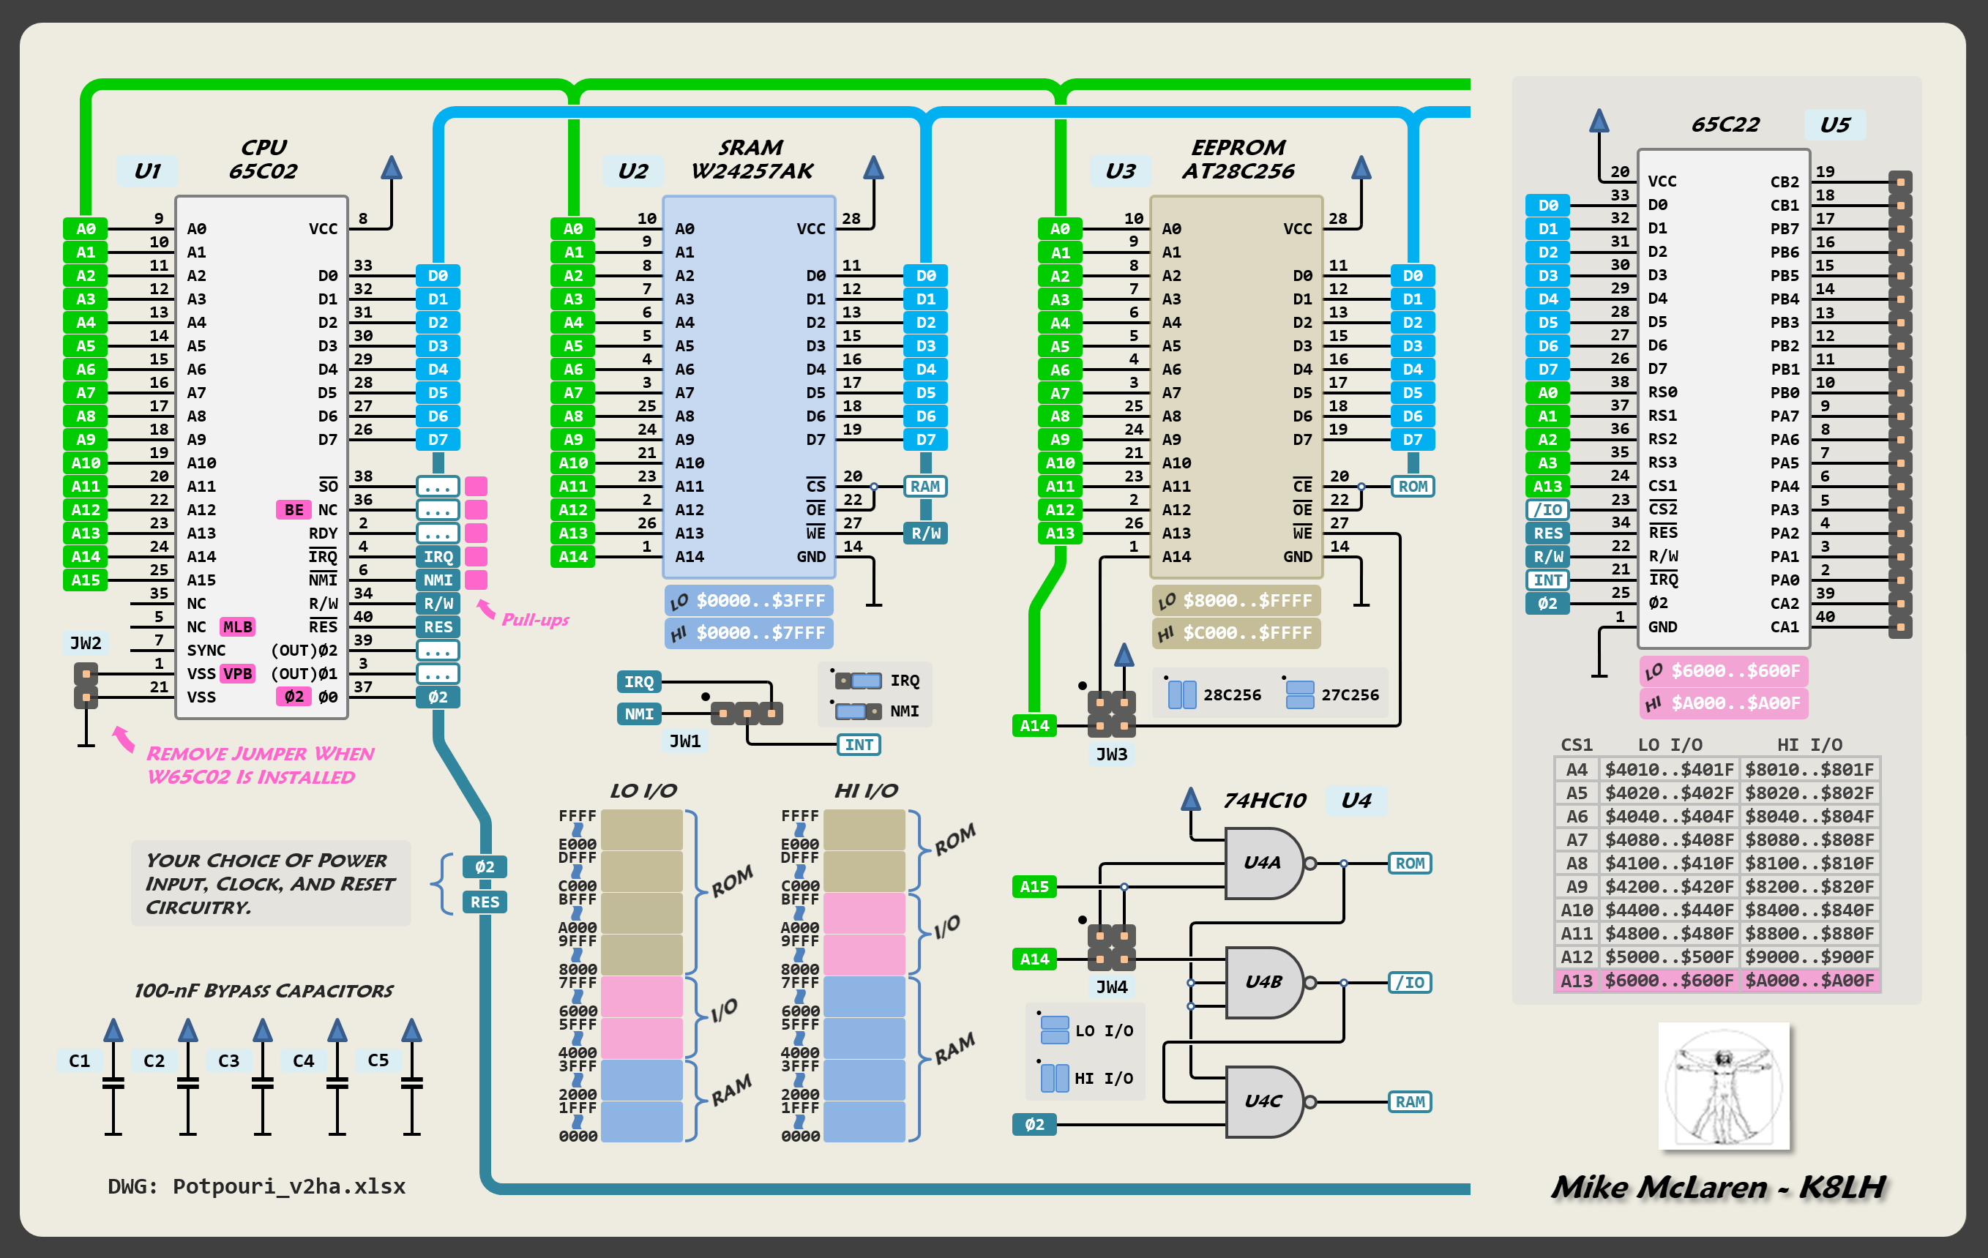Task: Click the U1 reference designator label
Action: click(147, 171)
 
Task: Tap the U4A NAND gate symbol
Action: click(1263, 864)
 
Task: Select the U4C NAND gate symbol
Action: click(1263, 1101)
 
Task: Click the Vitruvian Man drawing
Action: click(1724, 1086)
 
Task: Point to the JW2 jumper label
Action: click(86, 643)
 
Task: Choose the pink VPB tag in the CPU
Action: click(238, 673)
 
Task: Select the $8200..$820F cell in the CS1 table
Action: click(1809, 886)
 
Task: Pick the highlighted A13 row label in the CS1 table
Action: click(1576, 981)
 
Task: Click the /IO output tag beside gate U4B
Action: click(1409, 982)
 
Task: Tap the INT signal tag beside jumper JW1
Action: click(859, 744)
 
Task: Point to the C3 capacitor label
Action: click(228, 1060)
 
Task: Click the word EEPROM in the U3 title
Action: click(1238, 147)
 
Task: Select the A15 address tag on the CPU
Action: click(86, 580)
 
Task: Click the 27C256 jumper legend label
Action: click(1350, 695)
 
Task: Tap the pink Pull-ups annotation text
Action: click(535, 620)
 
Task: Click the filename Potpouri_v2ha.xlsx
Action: click(289, 1186)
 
